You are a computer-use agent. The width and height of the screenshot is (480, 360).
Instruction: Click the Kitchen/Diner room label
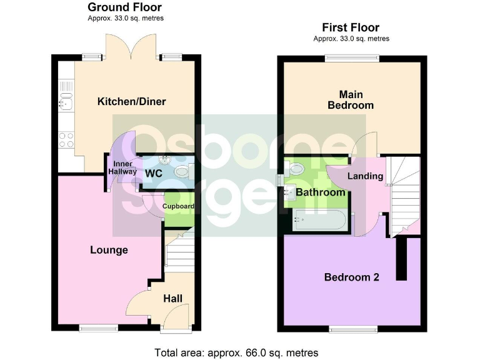click(x=131, y=101)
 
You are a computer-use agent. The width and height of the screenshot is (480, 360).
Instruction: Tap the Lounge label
click(x=109, y=250)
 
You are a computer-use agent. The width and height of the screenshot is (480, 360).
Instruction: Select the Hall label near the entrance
click(x=172, y=299)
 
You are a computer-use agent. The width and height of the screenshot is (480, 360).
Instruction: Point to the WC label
click(x=154, y=172)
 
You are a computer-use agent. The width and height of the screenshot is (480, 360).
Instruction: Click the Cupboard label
click(x=178, y=206)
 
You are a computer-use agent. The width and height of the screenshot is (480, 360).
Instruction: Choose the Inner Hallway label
click(x=122, y=168)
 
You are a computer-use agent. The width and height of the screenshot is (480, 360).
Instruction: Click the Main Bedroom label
click(x=351, y=100)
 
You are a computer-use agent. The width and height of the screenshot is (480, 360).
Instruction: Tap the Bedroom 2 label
click(x=351, y=277)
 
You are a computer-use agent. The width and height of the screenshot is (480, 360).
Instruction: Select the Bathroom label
click(x=321, y=192)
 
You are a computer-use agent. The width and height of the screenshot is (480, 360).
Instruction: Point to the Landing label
click(x=365, y=176)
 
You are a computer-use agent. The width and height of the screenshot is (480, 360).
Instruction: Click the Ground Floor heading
click(x=125, y=7)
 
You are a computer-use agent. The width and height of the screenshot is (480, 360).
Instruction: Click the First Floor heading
click(x=351, y=27)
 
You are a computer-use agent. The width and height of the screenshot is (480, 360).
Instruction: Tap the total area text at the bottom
click(x=237, y=352)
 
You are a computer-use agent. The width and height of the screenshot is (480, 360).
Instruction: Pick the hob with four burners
click(x=65, y=139)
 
